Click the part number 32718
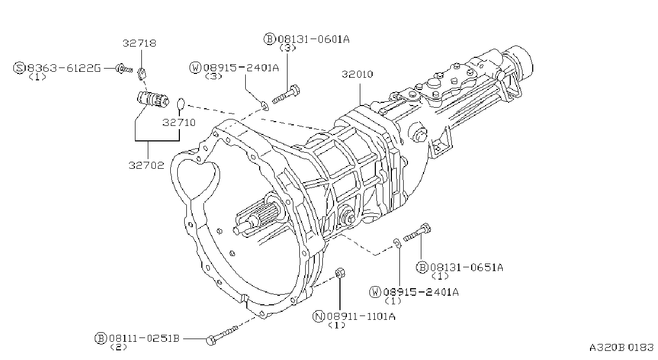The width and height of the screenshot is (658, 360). (x=139, y=43)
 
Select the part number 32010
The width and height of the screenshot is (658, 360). (x=357, y=74)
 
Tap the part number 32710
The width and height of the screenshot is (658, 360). (x=179, y=122)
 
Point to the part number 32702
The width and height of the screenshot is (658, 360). (x=146, y=165)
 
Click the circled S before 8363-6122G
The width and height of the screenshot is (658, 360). (x=19, y=68)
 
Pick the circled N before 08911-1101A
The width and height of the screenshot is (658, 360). (x=319, y=316)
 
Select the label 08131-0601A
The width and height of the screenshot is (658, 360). (x=314, y=39)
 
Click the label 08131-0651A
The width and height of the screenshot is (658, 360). (x=466, y=267)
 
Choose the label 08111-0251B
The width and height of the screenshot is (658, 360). (x=144, y=338)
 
